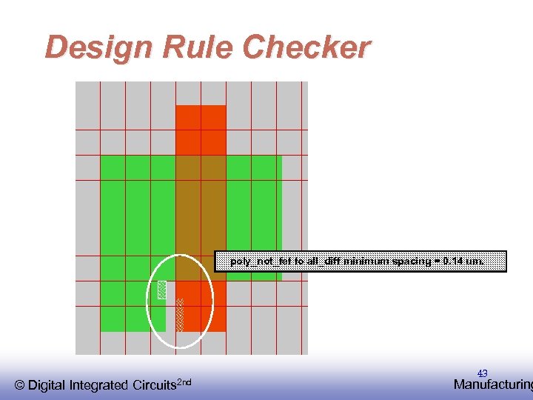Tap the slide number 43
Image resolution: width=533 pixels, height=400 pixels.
[x=482, y=373]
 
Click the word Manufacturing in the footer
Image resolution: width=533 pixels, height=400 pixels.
[x=493, y=384]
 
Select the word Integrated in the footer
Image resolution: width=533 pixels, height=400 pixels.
[x=100, y=385]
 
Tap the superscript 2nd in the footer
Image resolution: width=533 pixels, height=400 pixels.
[x=185, y=381]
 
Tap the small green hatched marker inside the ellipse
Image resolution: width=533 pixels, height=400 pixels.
[x=161, y=290]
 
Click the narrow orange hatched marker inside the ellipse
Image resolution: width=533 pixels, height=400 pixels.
[x=179, y=314]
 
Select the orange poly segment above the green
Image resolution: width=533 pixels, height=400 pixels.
[x=201, y=130]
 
